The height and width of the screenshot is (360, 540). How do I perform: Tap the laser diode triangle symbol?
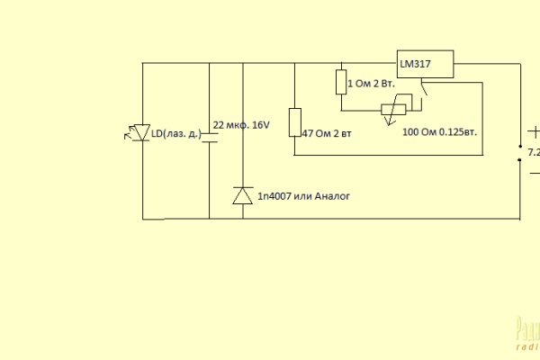(x=141, y=132)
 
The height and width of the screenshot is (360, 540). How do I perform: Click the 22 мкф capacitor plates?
(x=209, y=136)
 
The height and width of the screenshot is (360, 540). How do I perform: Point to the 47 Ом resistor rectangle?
(x=294, y=122)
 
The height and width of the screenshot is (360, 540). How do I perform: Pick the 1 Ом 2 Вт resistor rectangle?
(x=341, y=82)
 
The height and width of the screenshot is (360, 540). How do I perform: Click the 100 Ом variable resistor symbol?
(x=389, y=110)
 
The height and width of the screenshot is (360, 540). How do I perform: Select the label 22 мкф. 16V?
(x=241, y=125)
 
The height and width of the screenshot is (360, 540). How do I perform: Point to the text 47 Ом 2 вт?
(x=328, y=132)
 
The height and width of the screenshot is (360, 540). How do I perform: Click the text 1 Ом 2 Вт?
(x=371, y=83)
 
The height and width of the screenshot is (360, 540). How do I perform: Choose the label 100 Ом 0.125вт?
(x=439, y=131)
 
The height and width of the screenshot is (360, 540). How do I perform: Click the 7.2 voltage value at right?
(x=533, y=153)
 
